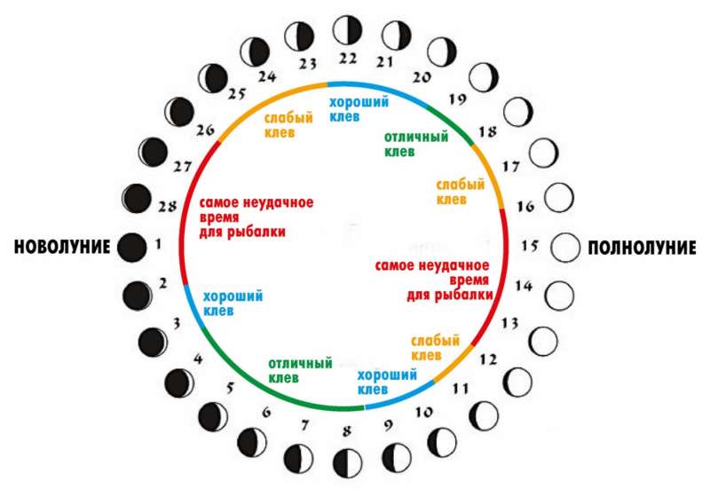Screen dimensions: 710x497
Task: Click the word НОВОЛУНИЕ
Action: [62, 247]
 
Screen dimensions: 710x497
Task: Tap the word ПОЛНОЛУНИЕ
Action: [642, 248]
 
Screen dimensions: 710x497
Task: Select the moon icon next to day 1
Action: [131, 248]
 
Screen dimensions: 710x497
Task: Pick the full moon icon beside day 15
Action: [565, 248]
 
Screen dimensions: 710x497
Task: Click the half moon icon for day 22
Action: [347, 30]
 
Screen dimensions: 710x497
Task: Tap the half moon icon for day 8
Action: [348, 463]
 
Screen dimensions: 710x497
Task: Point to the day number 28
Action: [167, 207]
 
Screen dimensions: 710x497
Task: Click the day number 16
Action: [525, 207]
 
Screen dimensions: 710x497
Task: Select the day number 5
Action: [230, 388]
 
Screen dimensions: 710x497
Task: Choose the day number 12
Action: [489, 359]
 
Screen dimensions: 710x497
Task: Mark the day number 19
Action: [457, 99]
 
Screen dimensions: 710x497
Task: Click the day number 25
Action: [237, 94]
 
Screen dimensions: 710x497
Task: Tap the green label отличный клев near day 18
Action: [416, 144]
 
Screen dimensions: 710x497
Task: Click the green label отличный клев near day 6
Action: [300, 370]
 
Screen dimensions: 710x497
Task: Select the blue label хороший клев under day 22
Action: [359, 109]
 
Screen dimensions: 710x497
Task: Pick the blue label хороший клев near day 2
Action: [233, 304]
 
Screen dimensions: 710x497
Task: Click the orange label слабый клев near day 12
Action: [435, 348]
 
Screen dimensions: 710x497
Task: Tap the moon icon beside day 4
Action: [179, 383]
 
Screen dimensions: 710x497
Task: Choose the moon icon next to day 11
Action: [483, 415]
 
